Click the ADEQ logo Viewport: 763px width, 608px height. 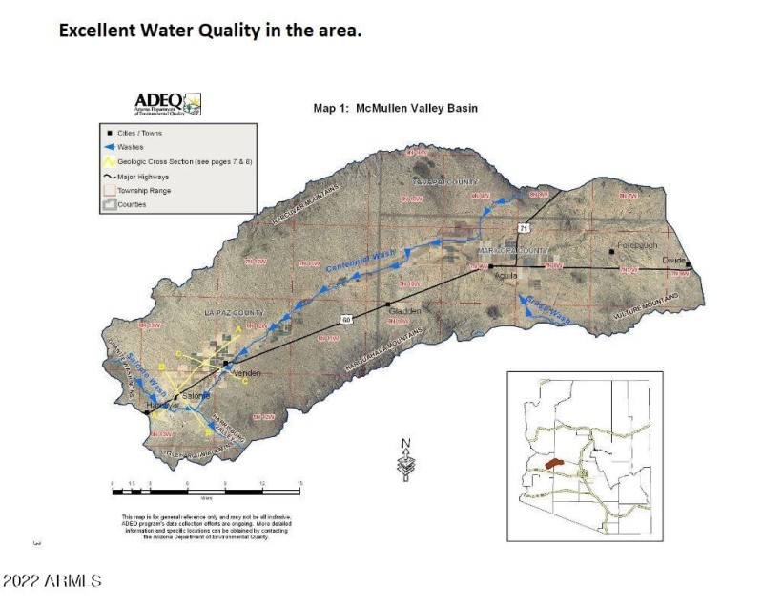[167, 103]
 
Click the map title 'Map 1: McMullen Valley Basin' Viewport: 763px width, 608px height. [395, 109]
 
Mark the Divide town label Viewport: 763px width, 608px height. [674, 261]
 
